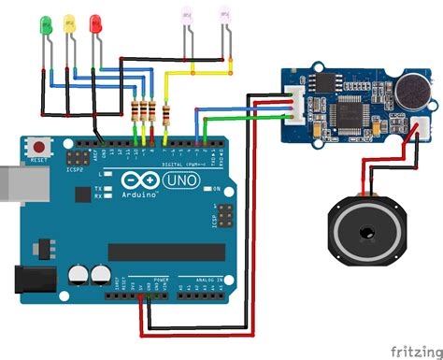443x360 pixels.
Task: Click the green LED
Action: tap(43, 24)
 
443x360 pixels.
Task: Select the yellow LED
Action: tap(68, 24)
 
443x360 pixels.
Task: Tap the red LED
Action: tap(93, 24)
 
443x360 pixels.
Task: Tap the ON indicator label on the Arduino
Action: tap(216, 188)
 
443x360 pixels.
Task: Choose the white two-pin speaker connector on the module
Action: tap(366, 138)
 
